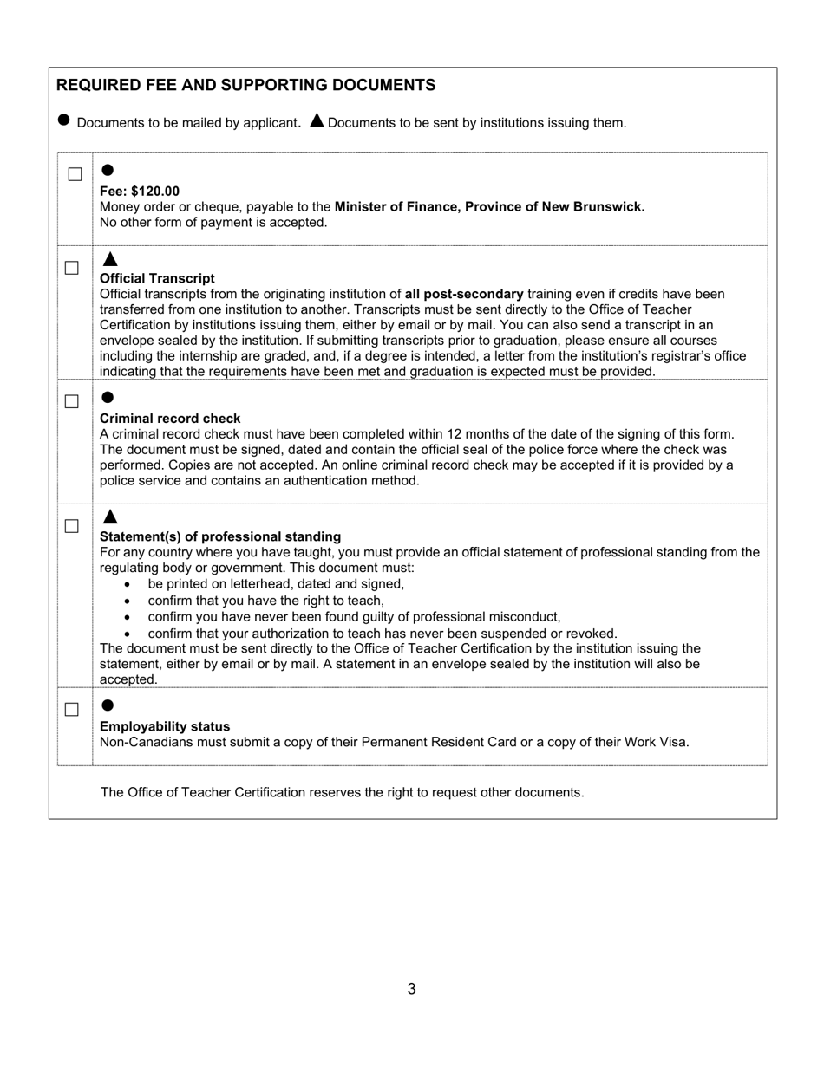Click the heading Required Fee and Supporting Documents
pyautogui.click(x=245, y=85)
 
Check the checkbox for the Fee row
pyautogui.click(x=75, y=174)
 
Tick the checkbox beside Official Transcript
pyautogui.click(x=72, y=268)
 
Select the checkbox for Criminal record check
pyautogui.click(x=72, y=401)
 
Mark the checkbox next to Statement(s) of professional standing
pyautogui.click(x=72, y=526)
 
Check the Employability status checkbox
pyautogui.click(x=72, y=709)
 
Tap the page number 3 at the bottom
pyautogui.click(x=411, y=989)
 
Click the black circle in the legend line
pyautogui.click(x=63, y=120)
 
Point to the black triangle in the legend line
pyautogui.click(x=317, y=120)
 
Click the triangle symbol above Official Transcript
pyautogui.click(x=109, y=259)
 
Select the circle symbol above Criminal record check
pyautogui.click(x=108, y=397)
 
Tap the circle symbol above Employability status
pyautogui.click(x=108, y=705)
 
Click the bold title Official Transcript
pyautogui.click(x=157, y=278)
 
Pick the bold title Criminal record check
pyautogui.click(x=170, y=419)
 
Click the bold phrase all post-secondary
pyautogui.click(x=463, y=294)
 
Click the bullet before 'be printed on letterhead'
pyautogui.click(x=128, y=585)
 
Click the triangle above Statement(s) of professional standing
pyautogui.click(x=109, y=517)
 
